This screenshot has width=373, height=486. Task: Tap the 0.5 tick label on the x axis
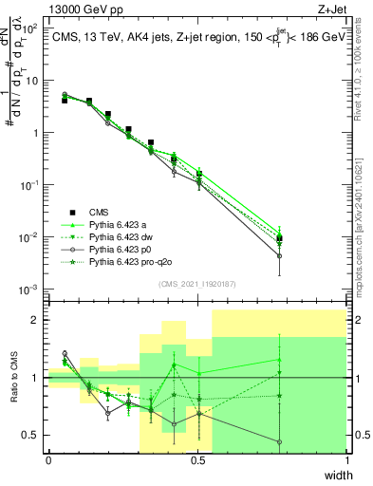[197, 460]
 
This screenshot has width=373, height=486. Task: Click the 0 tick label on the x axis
[48, 460]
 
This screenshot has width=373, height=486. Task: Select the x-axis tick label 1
[346, 460]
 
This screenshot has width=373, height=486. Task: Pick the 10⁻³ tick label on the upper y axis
[29, 289]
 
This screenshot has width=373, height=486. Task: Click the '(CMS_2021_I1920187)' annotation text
[196, 284]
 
